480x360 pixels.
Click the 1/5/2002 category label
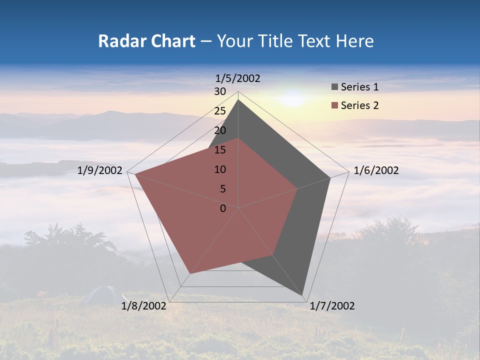(238, 78)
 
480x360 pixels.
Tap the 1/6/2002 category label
(376, 170)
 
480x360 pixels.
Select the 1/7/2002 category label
(332, 305)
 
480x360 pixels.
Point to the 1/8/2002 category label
(144, 305)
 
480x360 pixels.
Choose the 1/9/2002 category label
(100, 170)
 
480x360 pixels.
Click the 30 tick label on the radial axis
(220, 91)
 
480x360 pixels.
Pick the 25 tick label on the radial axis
(220, 111)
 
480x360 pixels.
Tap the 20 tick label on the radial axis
(220, 130)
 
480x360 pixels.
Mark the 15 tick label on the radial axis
(220, 150)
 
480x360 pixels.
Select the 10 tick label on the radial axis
(220, 169)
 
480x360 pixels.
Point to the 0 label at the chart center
(223, 208)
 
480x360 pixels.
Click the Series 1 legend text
(359, 87)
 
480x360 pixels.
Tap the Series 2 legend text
(359, 105)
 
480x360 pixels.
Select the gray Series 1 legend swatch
(334, 87)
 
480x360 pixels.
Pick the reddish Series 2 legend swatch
(334, 105)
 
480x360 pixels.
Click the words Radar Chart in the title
(146, 41)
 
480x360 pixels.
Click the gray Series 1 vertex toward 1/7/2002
(302, 295)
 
